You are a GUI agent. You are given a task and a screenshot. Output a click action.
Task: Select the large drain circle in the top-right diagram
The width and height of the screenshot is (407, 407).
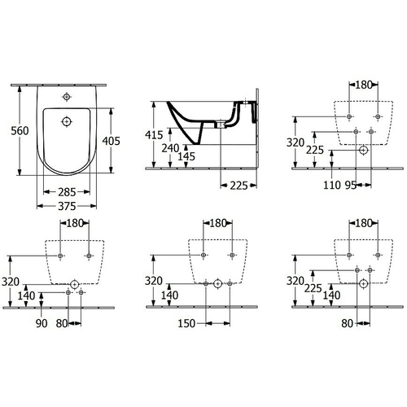(x=363, y=151)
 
